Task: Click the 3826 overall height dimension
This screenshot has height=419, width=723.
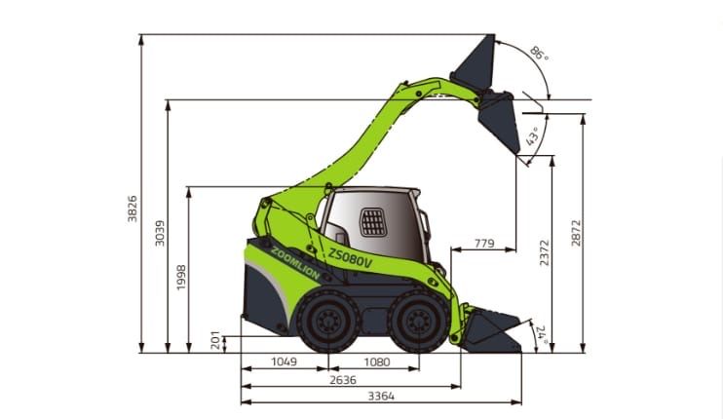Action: (x=133, y=209)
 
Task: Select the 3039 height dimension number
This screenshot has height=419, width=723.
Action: (x=160, y=233)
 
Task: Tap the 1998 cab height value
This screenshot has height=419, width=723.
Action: (x=181, y=278)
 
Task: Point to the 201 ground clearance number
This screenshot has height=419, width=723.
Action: (x=215, y=340)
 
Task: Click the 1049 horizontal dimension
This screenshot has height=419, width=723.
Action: (x=285, y=362)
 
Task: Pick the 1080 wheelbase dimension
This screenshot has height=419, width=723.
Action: (x=377, y=362)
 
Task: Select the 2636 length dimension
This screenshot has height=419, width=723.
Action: (x=343, y=380)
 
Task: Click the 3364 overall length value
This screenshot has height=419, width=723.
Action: (x=381, y=396)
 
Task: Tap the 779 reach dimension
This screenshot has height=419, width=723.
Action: (x=484, y=243)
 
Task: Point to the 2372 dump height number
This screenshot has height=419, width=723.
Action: (x=545, y=252)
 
